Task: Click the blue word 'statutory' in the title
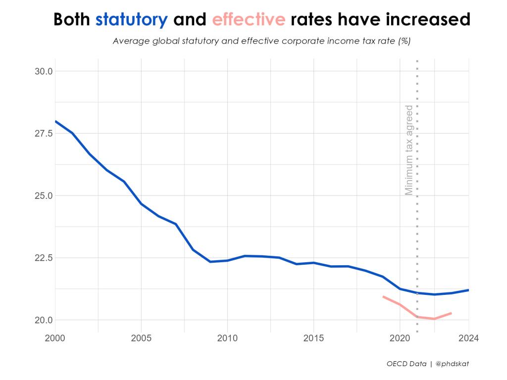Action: coord(132,20)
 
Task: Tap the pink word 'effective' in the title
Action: coord(249,20)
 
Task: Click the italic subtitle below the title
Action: coord(261,41)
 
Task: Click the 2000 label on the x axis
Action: coord(55,339)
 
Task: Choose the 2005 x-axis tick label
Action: coord(141,339)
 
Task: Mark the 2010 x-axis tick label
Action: coord(227,339)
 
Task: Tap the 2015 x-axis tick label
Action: coord(313,339)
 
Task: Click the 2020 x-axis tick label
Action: coord(400,339)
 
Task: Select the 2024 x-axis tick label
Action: coord(468,339)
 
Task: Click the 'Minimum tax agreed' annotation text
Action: coord(409,150)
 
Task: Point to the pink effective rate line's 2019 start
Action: coord(383,296)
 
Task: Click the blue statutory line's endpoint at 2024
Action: coord(468,290)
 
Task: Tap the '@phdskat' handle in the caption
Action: coord(452,364)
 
